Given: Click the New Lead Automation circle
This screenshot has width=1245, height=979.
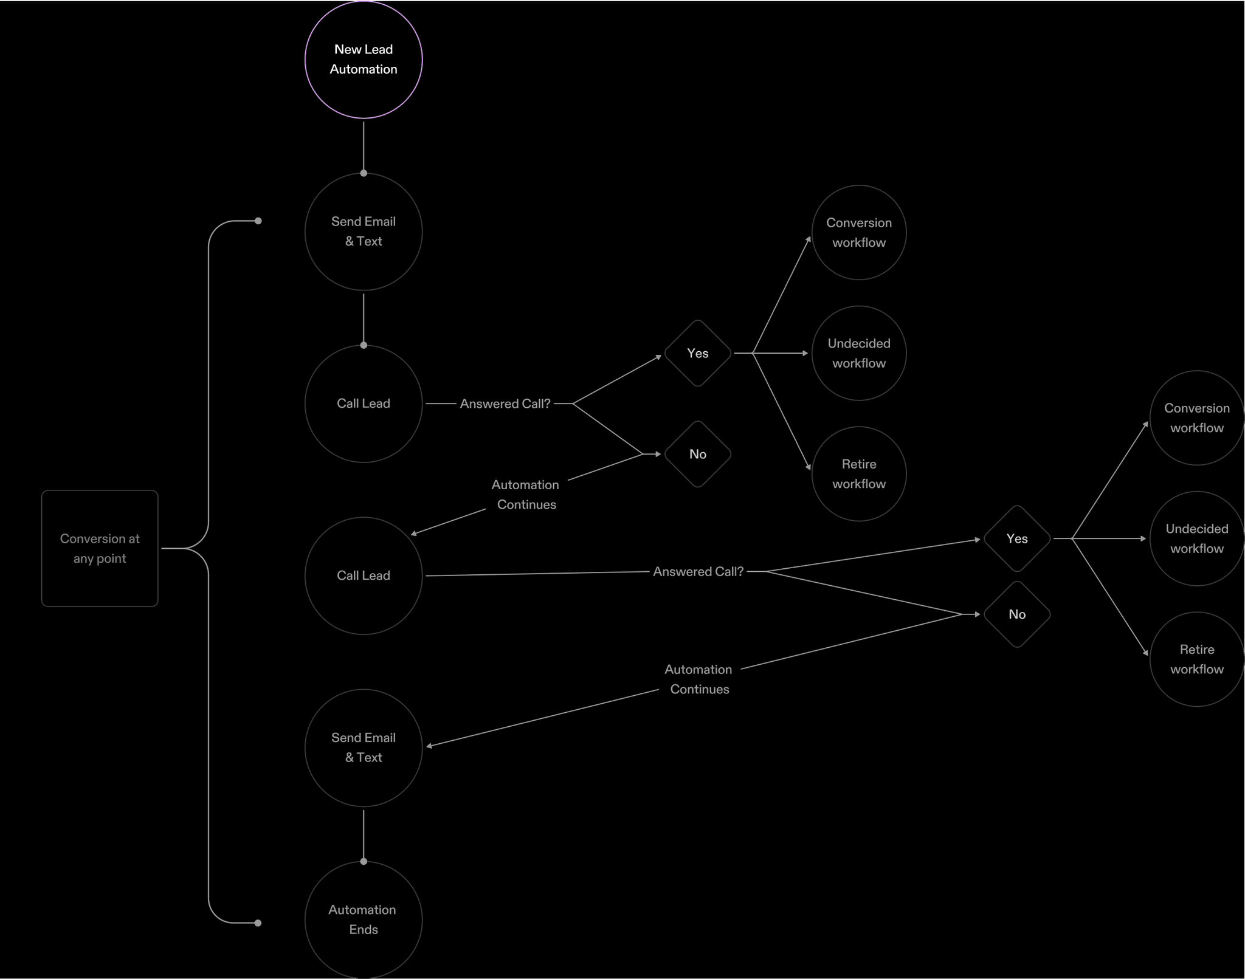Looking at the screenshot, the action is [x=364, y=60].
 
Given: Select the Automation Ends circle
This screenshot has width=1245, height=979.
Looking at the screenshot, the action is [x=364, y=919].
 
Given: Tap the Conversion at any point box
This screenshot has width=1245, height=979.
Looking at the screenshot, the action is [x=100, y=548].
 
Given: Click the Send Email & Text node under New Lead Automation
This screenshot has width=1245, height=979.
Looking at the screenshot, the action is [x=364, y=232].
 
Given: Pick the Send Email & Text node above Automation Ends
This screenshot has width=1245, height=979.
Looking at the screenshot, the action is [x=364, y=747].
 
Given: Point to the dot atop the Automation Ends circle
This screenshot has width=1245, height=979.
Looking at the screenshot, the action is [x=364, y=861].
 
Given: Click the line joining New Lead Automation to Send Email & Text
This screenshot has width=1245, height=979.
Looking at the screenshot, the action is [x=364, y=146].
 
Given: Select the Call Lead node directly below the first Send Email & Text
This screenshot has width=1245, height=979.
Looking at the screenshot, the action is [x=364, y=404].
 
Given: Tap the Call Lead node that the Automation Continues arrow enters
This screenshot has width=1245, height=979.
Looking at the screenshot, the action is [x=364, y=575].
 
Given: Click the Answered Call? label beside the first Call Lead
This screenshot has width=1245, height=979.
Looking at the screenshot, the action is [x=505, y=404].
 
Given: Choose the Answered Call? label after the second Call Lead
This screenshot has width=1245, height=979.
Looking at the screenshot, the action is [x=698, y=571].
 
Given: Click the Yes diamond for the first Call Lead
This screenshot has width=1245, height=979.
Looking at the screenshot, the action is [x=697, y=353].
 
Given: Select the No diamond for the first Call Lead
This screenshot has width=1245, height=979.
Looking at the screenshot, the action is [x=697, y=454].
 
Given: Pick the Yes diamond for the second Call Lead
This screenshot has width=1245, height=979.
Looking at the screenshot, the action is [x=1017, y=538].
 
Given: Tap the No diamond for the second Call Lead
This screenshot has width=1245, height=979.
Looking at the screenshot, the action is [x=1017, y=614].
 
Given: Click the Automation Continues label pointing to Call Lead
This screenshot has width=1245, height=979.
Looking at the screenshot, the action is [x=526, y=495].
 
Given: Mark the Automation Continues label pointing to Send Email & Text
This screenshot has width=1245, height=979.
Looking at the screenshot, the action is [x=698, y=679].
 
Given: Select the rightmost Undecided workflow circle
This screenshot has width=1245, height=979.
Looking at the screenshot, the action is [x=1196, y=538].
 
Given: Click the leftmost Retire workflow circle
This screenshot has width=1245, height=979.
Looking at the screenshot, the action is [x=859, y=473].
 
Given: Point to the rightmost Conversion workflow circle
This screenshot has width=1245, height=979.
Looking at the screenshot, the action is [x=1196, y=418].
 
